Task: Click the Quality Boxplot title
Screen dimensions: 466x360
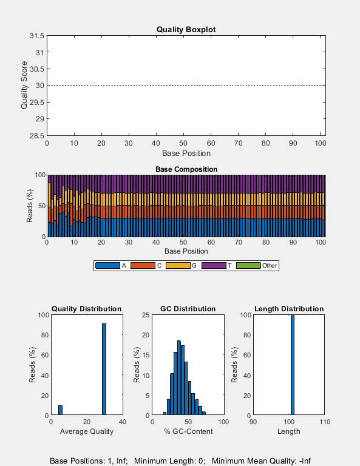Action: pyautogui.click(x=186, y=29)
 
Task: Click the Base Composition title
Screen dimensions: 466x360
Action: pyautogui.click(x=186, y=169)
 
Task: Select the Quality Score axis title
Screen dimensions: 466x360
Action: pyautogui.click(x=25, y=86)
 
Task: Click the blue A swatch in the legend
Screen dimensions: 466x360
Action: pyautogui.click(x=107, y=266)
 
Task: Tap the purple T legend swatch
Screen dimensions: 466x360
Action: pyautogui.click(x=212, y=266)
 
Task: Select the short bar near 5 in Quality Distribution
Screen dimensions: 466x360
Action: pyautogui.click(x=60, y=410)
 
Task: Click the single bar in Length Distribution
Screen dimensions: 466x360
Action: pyautogui.click(x=292, y=365)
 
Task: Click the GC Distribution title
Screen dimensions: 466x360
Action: pyautogui.click(x=188, y=309)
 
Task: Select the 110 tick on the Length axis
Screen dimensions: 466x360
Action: pyautogui.click(x=325, y=421)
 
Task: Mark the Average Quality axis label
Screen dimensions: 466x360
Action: pyautogui.click(x=86, y=431)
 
